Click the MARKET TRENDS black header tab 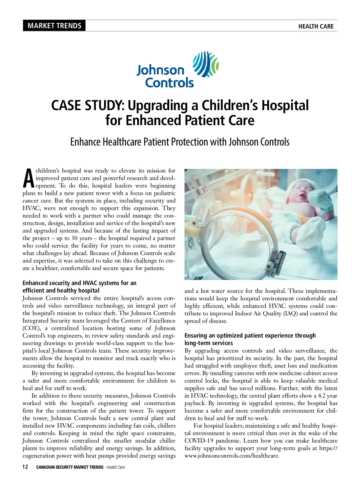pyautogui.click(x=54, y=26)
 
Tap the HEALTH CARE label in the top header pyautogui.click(x=316, y=26)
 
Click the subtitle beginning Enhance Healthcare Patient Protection pyautogui.click(x=180, y=142)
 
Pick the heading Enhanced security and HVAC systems pyautogui.click(x=79, y=287)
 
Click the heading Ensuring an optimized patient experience pyautogui.click(x=250, y=339)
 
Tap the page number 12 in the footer pyautogui.click(x=25, y=467)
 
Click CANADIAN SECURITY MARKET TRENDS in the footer pyautogui.click(x=70, y=467)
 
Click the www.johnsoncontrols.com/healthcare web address pyautogui.click(x=232, y=456)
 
